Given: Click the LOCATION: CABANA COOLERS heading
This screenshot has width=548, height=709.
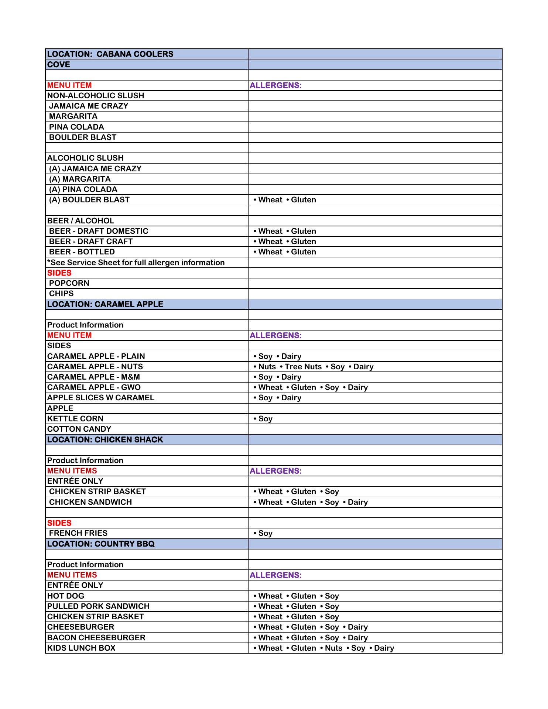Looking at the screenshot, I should [x=110, y=54].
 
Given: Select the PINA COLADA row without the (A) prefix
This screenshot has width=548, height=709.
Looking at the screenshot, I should [x=76, y=127].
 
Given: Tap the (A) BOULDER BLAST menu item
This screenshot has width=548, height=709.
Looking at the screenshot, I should [x=89, y=200].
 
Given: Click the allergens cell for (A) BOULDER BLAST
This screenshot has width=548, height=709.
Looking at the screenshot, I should [x=285, y=200].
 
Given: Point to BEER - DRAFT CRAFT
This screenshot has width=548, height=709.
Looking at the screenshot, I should [x=91, y=242].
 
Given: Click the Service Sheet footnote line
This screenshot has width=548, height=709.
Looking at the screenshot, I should [x=136, y=263].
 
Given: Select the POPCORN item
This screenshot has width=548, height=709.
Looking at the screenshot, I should [x=69, y=283].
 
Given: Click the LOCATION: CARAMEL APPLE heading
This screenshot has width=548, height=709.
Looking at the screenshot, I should [x=105, y=304].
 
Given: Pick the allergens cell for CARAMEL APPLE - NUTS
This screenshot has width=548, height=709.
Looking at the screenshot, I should [x=314, y=367].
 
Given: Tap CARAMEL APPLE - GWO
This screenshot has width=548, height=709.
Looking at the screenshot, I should [x=94, y=387].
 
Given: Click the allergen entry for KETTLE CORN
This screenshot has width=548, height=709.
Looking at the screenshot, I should [x=263, y=419].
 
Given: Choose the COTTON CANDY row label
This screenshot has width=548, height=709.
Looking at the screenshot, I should [x=79, y=429].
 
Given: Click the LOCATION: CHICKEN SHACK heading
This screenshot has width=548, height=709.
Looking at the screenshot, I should [x=105, y=440].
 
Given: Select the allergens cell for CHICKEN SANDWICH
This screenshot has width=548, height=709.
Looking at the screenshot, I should [x=311, y=502].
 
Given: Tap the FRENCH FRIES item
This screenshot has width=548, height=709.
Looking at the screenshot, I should [x=78, y=533].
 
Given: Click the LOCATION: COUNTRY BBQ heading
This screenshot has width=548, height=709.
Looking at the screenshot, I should [x=101, y=544].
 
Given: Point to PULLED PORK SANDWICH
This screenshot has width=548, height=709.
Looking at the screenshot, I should [x=98, y=606].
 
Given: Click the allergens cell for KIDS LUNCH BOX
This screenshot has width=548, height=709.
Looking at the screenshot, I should [x=324, y=648].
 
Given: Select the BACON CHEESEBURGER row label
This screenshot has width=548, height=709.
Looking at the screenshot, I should [x=96, y=638].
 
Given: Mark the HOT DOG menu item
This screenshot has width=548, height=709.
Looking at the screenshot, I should [x=66, y=596].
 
